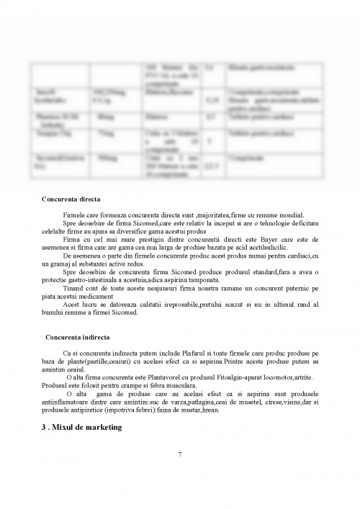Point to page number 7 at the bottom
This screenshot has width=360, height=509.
[x=179, y=454]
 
